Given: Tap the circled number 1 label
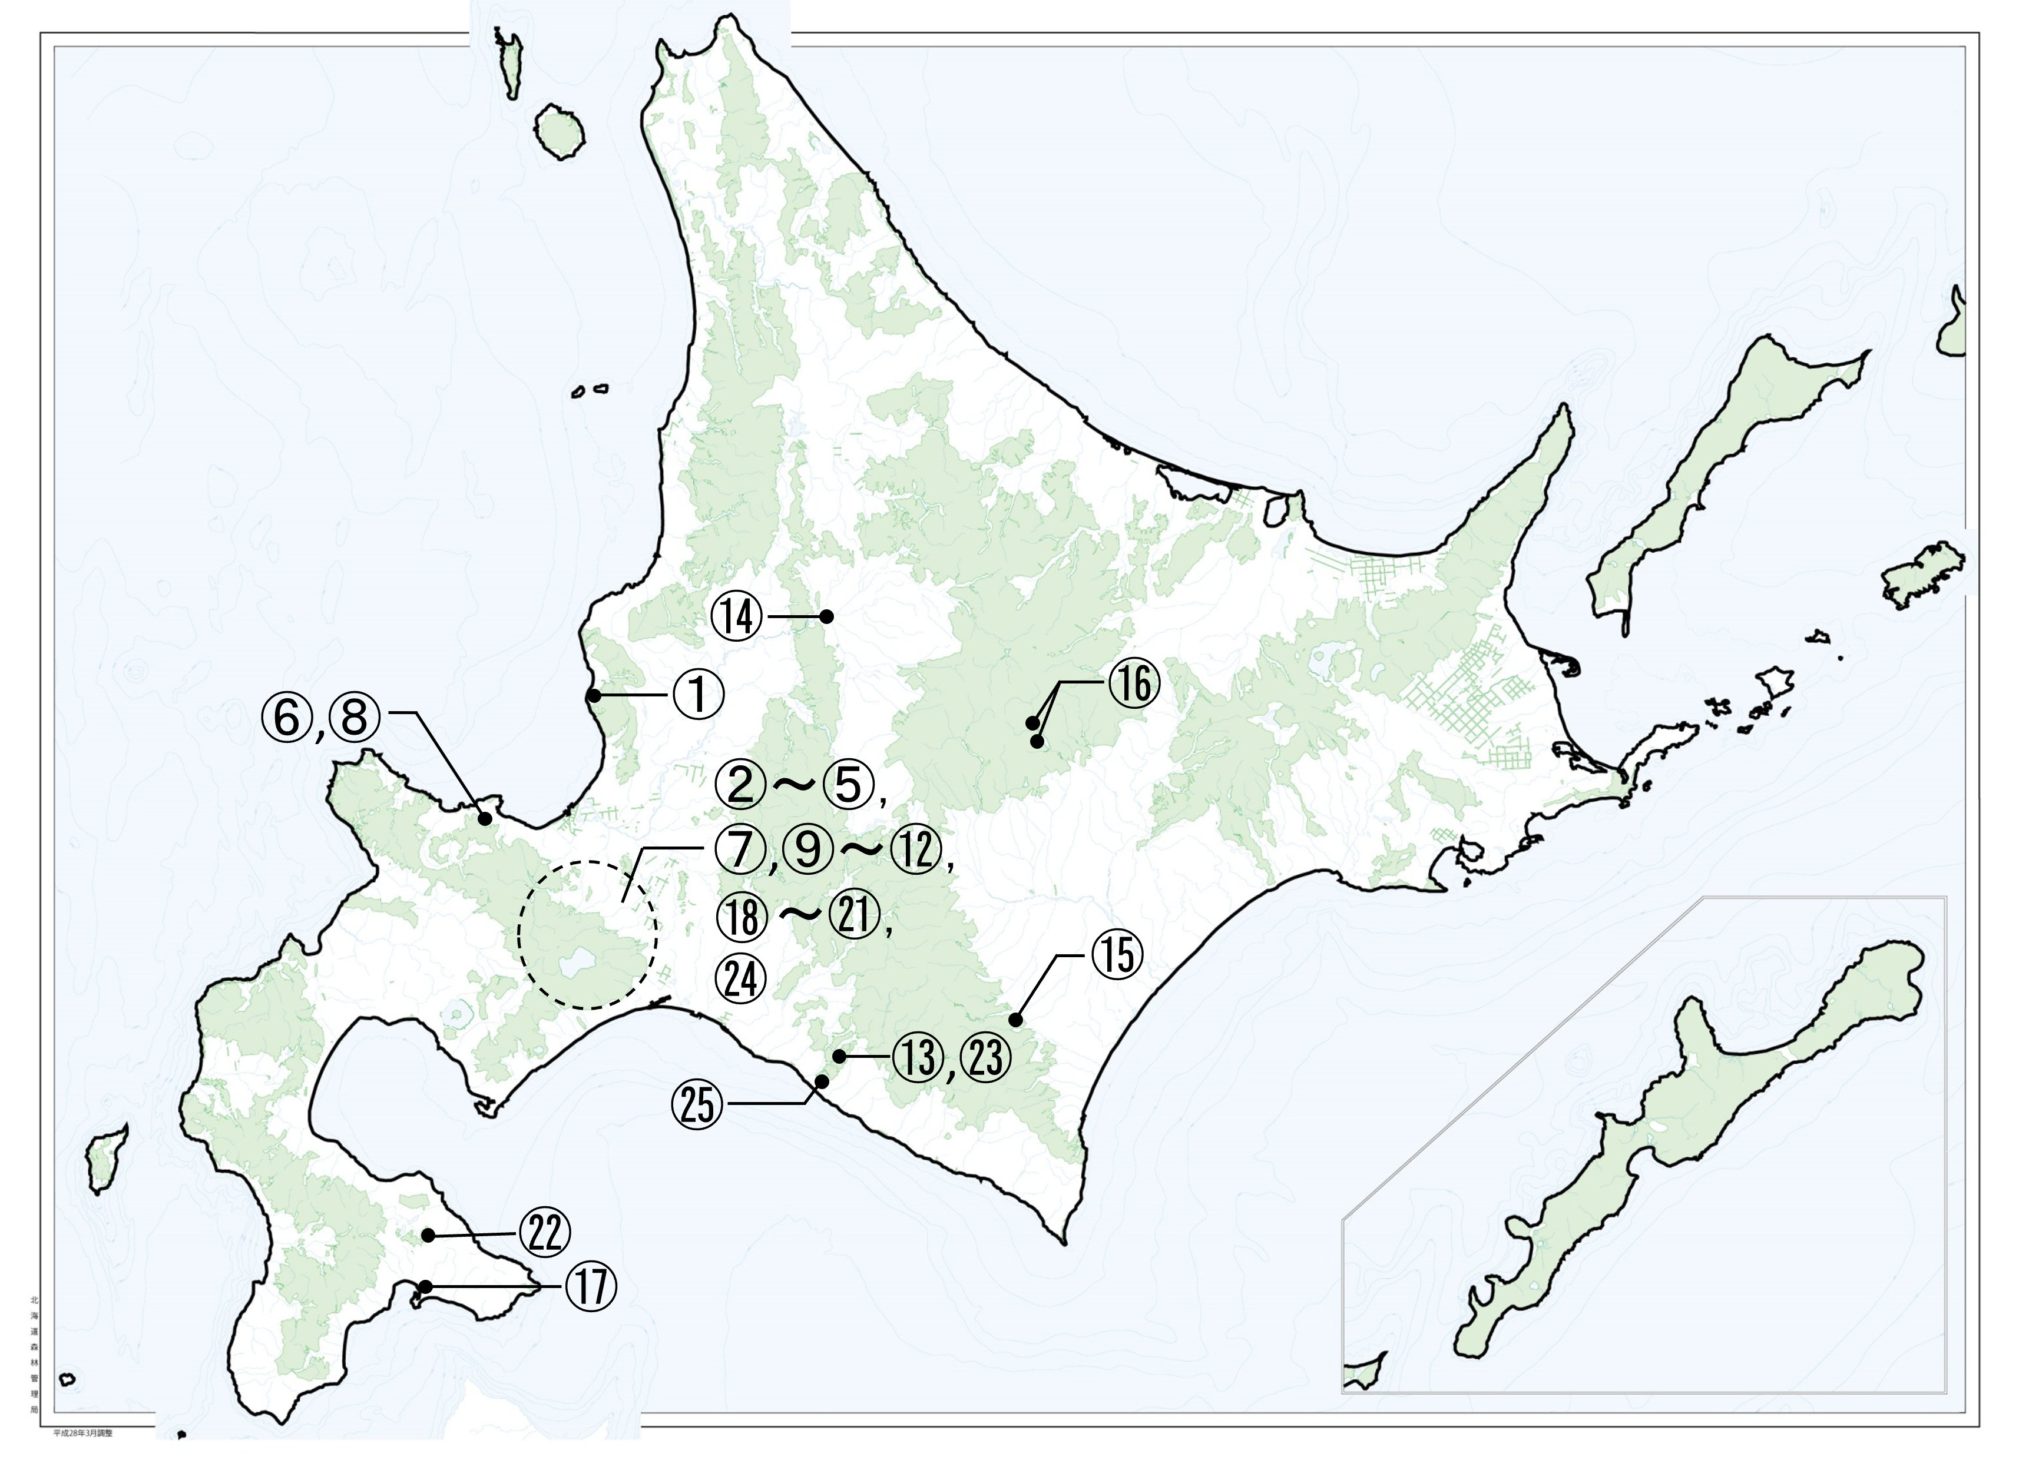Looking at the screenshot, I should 698,695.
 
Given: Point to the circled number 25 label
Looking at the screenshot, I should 698,1106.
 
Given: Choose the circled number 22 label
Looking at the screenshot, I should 545,1234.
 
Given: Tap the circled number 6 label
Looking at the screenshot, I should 287,718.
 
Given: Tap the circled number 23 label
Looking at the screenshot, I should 985,1057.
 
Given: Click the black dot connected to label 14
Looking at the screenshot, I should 826,615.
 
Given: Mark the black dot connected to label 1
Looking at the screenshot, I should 594,696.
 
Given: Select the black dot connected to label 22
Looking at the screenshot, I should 428,1236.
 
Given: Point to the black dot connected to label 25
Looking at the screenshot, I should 822,1081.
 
